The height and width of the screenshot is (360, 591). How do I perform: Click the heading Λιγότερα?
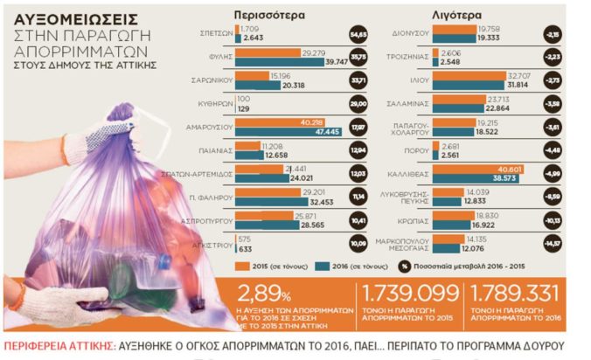455,15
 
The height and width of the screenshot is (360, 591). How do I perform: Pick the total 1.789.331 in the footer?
512,291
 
